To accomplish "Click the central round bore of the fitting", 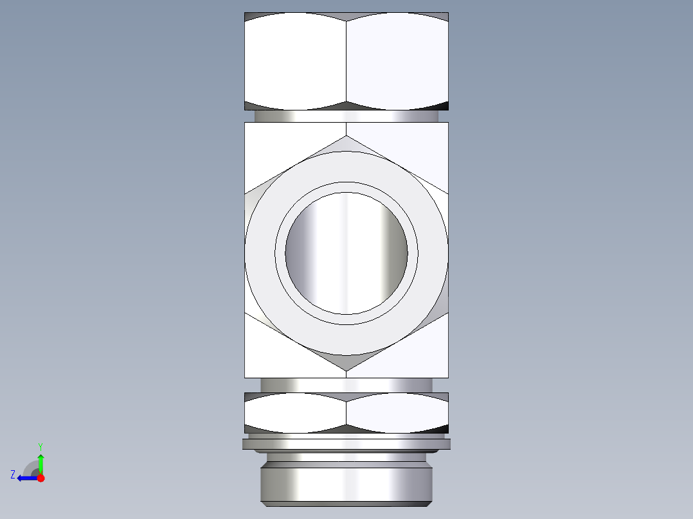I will (346, 253).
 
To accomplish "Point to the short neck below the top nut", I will (346, 116).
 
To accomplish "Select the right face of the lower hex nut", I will (397, 412).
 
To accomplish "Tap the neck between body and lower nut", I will (346, 385).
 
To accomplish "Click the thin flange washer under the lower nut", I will (346, 444).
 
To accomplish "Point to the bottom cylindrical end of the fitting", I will (346, 485).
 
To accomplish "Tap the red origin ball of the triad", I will (40, 478).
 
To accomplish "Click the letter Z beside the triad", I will (13, 475).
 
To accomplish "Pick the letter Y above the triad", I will (40, 446).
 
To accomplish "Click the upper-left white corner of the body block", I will (270, 148).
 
